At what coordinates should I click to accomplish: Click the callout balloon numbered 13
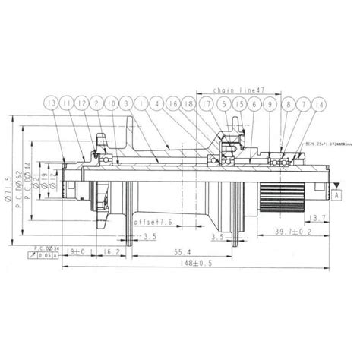pos(51,103)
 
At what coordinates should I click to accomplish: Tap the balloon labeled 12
pos(81,103)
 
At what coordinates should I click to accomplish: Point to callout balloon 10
pos(112,103)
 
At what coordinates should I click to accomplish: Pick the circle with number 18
pos(191,103)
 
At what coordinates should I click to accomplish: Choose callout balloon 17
pos(206,103)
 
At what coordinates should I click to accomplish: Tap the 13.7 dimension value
pos(318,219)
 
